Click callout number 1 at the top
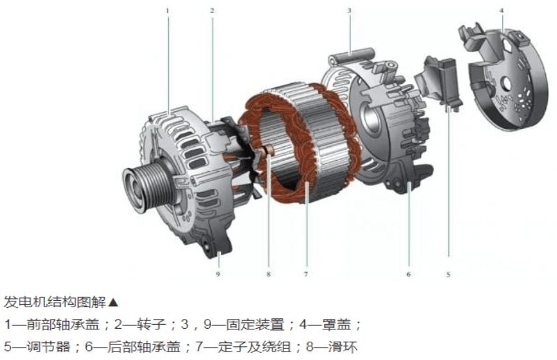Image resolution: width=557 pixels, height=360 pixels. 167,10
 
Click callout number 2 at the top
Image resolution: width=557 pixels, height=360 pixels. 212,10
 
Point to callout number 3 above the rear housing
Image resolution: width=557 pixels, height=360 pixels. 349,10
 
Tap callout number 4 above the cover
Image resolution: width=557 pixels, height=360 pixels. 502,10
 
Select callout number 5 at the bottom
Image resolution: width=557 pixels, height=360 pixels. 448,274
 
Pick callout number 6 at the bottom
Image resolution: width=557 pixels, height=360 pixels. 408,274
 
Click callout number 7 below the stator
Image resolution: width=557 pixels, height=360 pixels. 306,274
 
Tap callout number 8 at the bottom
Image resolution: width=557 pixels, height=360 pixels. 268,274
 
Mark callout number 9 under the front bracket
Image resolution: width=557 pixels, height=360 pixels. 218,274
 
